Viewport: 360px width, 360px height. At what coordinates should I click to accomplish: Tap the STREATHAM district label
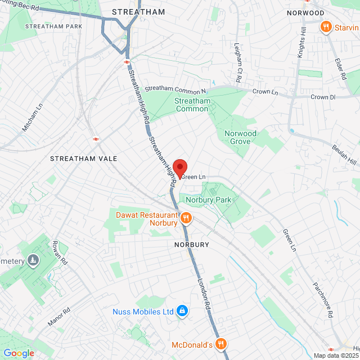(138, 12)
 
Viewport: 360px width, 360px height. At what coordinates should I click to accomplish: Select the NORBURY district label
(191, 245)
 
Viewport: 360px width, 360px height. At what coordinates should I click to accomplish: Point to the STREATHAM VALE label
(84, 159)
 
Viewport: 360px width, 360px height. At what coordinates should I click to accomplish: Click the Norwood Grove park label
(240, 137)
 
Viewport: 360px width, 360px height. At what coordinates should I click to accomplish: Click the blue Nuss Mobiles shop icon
(182, 310)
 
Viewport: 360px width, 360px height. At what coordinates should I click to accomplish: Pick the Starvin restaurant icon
(326, 27)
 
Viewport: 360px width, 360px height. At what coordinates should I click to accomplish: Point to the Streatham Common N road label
(175, 89)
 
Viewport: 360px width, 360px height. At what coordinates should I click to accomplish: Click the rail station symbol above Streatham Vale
(96, 138)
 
